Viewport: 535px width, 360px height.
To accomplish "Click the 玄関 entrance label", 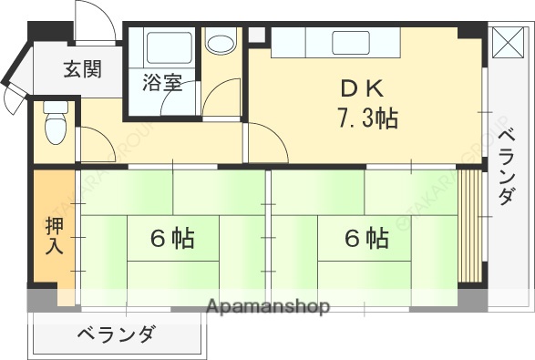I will [x=82, y=68].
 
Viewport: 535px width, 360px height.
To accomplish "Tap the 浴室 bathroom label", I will [x=162, y=84].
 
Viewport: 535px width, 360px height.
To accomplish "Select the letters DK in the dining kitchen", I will [x=363, y=89].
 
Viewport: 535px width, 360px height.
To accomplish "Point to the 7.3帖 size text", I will [x=366, y=118].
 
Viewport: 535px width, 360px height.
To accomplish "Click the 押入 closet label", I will [x=54, y=235].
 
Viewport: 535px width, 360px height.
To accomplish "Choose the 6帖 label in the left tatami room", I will [x=171, y=239].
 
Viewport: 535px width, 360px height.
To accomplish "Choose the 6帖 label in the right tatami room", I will [x=365, y=239].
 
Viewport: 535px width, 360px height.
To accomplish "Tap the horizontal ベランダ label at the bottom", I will [x=116, y=334].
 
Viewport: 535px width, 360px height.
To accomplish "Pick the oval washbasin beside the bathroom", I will [x=220, y=43].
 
